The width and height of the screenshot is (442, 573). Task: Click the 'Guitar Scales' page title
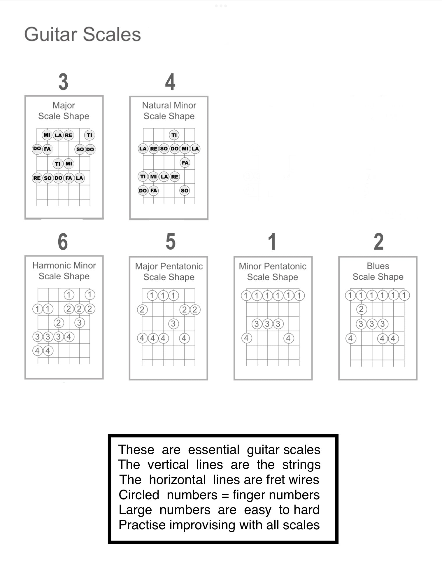point(83,34)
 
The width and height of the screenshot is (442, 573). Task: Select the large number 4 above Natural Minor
point(170,82)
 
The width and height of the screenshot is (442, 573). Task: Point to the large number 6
point(63,242)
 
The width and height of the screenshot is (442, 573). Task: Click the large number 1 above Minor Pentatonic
point(272,242)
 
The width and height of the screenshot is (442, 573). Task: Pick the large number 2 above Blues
point(378,242)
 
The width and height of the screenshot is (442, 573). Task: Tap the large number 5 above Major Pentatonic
point(171,242)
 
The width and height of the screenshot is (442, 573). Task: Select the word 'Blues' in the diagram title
point(378,266)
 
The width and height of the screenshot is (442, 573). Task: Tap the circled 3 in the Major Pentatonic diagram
point(173,324)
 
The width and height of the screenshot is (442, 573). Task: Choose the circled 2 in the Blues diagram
point(361,309)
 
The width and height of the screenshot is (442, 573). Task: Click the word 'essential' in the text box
point(213,450)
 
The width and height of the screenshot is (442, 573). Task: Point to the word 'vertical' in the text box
point(168,465)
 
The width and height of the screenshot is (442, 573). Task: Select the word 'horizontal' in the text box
point(177,480)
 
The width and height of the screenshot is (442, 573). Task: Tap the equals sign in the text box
point(225,495)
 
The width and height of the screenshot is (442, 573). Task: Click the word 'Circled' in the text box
point(139,495)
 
